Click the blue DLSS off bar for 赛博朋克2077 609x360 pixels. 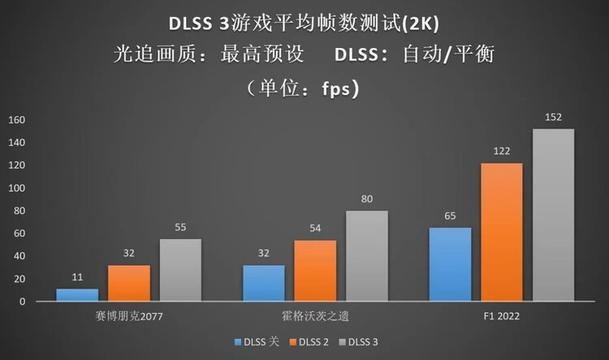(77, 295)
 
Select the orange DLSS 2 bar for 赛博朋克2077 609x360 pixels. (128, 284)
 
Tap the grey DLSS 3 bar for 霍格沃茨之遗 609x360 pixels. (366, 257)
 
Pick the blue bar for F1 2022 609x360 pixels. (450, 265)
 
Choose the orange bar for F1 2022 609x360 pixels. (502, 232)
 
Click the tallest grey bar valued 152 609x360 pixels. (553, 215)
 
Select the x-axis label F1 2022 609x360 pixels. (502, 315)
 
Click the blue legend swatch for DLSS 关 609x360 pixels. (238, 343)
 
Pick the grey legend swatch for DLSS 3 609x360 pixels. (343, 343)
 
